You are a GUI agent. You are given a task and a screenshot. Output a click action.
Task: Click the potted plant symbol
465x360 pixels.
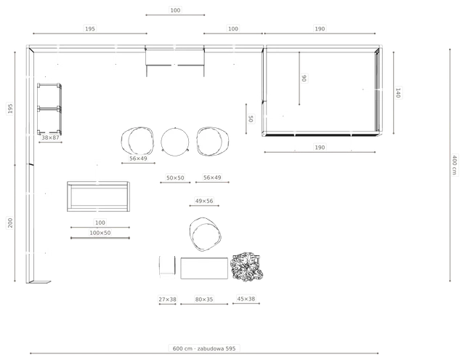pyautogui.click(x=247, y=267)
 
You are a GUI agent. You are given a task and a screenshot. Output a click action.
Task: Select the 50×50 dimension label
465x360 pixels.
pyautogui.click(x=175, y=177)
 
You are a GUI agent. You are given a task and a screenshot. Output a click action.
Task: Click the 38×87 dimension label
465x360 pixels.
pyautogui.click(x=50, y=137)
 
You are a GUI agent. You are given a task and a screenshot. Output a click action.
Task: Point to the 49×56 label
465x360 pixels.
pyautogui.click(x=204, y=201)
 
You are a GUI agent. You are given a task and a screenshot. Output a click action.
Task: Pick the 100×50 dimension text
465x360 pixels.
pyautogui.click(x=100, y=233)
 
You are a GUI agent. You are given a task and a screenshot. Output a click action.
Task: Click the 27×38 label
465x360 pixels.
pyautogui.click(x=168, y=300)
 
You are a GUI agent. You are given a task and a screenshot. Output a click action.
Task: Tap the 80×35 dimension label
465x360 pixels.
pyautogui.click(x=204, y=300)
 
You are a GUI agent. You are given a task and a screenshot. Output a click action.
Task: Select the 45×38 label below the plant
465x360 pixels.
pyautogui.click(x=246, y=299)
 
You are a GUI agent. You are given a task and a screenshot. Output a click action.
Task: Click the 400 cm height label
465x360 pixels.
pyautogui.click(x=454, y=164)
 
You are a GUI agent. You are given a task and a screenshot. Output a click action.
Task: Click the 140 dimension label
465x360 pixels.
pyautogui.click(x=398, y=93)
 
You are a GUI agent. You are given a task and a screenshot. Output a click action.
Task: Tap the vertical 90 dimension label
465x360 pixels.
pyautogui.click(x=304, y=79)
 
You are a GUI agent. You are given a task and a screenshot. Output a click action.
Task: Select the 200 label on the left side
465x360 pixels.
pyautogui.click(x=10, y=223)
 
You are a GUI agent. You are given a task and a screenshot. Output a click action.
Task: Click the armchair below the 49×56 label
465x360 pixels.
pyautogui.click(x=205, y=234)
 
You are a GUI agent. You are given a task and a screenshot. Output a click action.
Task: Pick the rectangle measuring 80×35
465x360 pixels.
pyautogui.click(x=204, y=268)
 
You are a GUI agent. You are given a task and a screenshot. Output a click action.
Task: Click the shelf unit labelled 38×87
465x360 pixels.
pyautogui.click(x=49, y=109)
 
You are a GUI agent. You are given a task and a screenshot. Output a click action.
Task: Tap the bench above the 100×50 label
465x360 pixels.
pyautogui.click(x=99, y=196)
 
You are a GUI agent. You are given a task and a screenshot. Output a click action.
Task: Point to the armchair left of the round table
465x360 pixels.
pyautogui.click(x=137, y=142)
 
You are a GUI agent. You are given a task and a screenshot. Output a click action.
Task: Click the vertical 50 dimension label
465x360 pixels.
pyautogui.click(x=251, y=119)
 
